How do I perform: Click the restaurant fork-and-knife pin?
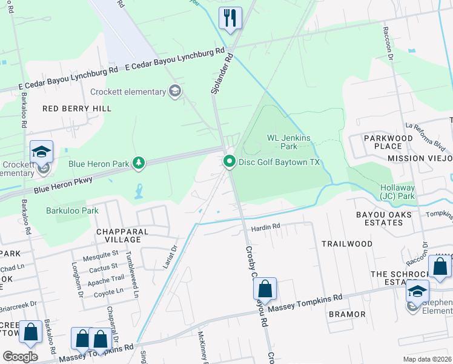click(230, 18)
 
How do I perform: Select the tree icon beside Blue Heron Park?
click(139, 162)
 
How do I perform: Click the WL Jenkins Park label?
click(289, 142)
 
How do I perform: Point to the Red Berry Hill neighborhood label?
click(77, 108)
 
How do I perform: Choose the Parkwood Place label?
click(388, 142)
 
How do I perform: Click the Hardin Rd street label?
click(266, 227)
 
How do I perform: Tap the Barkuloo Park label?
click(72, 211)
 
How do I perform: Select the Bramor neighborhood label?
click(347, 314)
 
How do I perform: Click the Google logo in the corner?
click(20, 357)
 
